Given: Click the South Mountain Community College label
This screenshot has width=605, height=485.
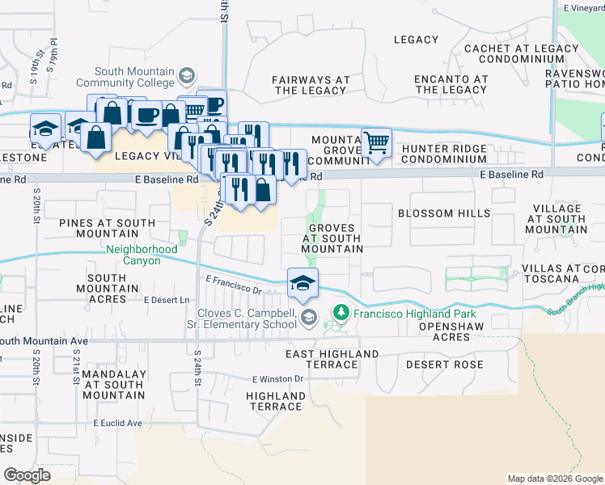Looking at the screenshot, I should click(133, 77).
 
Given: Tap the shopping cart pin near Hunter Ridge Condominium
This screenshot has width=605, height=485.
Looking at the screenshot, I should click(376, 143).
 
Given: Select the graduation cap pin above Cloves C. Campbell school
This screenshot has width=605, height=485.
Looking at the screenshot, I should click(303, 284).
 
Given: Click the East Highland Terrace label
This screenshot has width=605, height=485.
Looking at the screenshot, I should click(332, 360).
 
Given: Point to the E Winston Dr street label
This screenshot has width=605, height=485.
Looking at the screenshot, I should click(277, 378).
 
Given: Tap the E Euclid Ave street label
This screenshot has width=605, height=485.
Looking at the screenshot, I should click(117, 423).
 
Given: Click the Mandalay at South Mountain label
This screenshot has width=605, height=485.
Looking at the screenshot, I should click(112, 384).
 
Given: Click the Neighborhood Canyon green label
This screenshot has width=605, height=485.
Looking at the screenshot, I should click(142, 255).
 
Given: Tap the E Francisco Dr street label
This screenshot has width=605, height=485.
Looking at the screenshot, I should click(235, 285).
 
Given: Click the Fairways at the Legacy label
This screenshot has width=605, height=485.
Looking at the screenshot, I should click(311, 85).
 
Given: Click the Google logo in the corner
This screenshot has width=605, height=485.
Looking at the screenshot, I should click(27, 474).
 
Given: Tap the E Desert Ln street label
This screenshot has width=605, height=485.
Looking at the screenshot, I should click(166, 300).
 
